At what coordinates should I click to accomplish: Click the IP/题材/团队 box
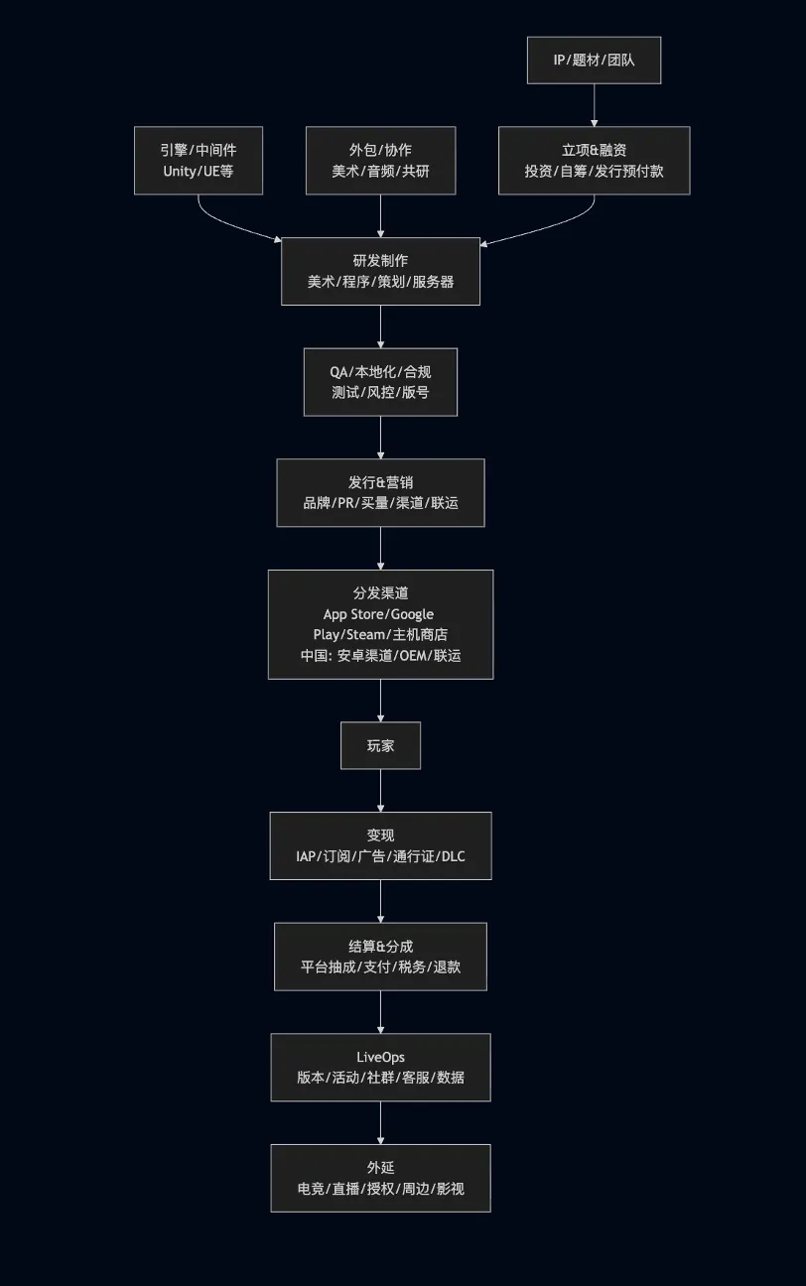coord(594,61)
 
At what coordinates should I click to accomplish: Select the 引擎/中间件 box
coord(199,160)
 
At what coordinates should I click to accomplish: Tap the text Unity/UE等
coord(199,171)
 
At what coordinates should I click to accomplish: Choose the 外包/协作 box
coord(380,160)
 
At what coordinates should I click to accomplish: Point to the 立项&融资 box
coord(594,160)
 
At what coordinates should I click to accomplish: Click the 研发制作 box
coord(380,271)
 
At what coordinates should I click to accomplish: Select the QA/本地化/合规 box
coord(380,382)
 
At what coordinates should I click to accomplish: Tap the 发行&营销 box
coord(380,492)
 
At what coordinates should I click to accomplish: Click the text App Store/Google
coord(380,614)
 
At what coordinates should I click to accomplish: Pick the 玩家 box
coord(380,745)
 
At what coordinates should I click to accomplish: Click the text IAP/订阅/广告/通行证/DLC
coord(380,856)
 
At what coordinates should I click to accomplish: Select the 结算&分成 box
coord(380,957)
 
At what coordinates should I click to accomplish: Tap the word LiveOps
coord(380,1057)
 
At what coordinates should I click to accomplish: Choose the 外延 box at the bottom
coord(380,1178)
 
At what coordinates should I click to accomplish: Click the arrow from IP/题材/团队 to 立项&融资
coord(594,105)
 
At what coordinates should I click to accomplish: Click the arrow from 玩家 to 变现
coord(380,791)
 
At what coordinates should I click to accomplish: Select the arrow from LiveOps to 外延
coord(380,1122)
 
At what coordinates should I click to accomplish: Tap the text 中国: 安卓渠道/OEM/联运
coord(380,656)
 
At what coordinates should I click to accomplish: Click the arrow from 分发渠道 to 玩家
coord(380,701)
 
